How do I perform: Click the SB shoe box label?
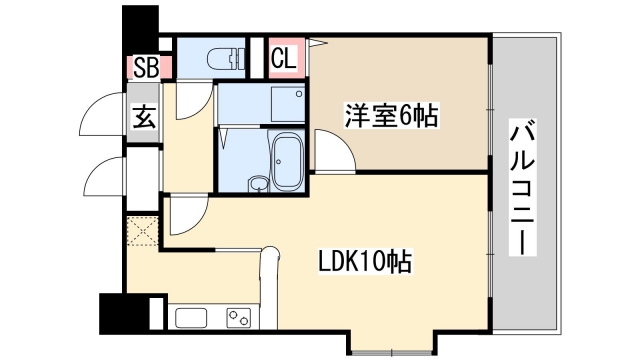point(144,69)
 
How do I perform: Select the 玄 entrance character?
point(144,118)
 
